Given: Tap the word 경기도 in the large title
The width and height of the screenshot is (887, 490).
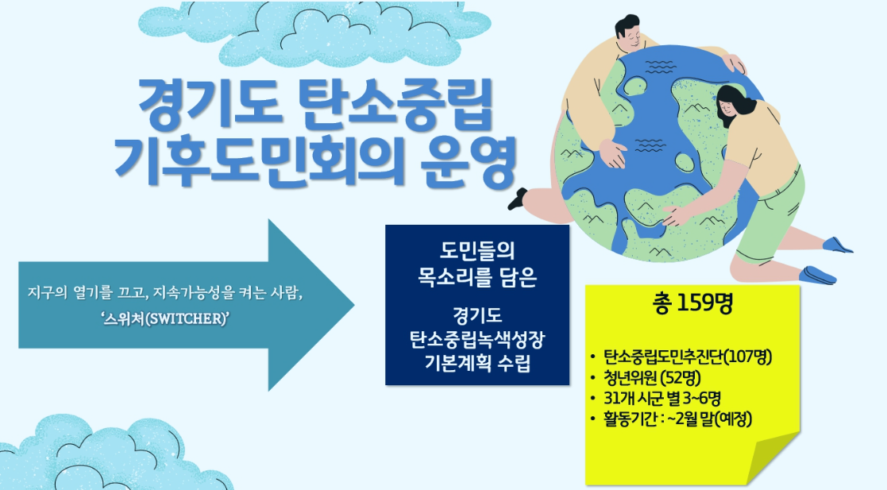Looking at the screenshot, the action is pos(210,106).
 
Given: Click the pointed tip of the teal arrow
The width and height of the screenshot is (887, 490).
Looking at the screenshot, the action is pos(353,305).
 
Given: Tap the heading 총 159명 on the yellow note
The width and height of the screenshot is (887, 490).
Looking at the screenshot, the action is pos(692,304).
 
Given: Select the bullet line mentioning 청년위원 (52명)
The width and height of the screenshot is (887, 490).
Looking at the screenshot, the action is pos(646,377).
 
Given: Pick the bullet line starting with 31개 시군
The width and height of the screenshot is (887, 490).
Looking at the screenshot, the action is pos(655,399).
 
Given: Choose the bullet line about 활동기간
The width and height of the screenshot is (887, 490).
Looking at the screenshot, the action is pos(671,419).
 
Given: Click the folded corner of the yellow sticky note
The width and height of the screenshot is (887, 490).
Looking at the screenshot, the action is pos(776,457).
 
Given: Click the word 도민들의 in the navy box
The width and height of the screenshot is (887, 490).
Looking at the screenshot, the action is pos(477,251).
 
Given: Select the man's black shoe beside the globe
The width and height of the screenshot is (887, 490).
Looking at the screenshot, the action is pos(517,199).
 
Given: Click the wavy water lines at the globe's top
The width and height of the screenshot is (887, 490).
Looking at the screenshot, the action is pos(660,66).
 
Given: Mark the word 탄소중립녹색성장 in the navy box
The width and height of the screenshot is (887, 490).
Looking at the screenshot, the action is pos(477,339).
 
